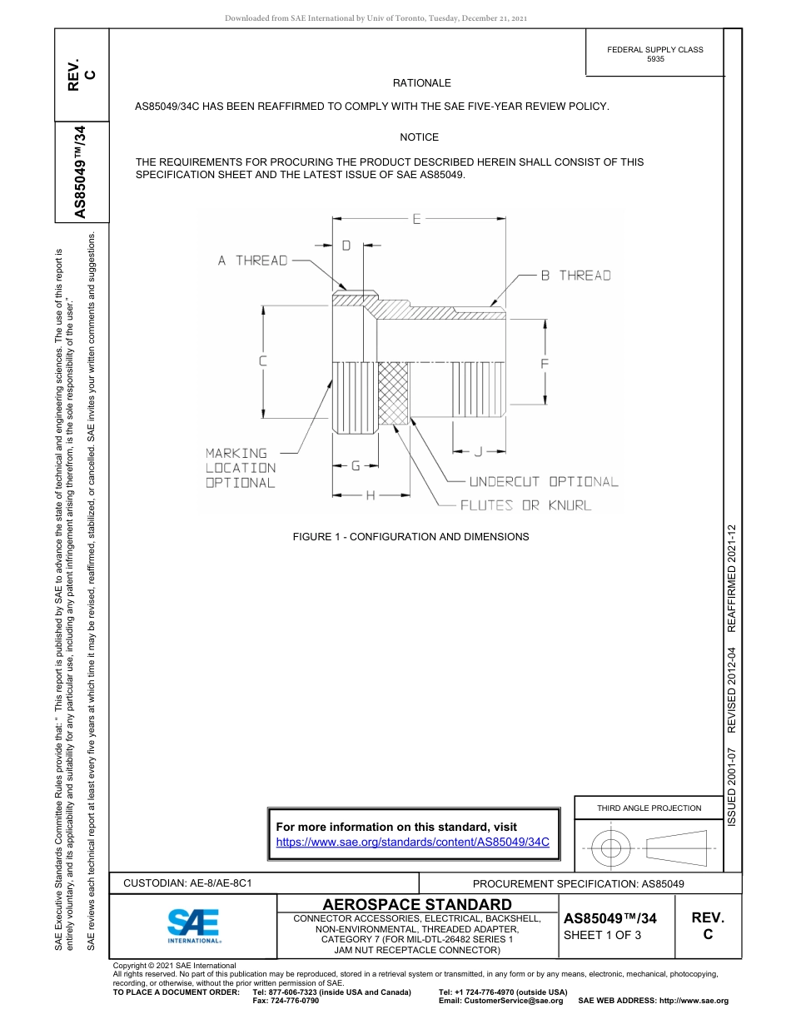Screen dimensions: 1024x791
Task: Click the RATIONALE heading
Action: point(421,83)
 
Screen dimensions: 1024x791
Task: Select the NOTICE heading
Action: point(419,137)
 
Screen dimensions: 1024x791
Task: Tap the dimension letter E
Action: point(416,219)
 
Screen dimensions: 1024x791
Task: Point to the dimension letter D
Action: point(346,245)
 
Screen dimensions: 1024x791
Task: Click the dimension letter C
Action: point(262,361)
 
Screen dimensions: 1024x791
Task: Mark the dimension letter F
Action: point(545,363)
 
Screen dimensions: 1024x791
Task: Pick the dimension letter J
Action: point(477,451)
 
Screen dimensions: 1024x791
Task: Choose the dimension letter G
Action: point(355,465)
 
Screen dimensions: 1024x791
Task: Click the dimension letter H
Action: point(371,495)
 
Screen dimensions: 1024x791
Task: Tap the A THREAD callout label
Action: point(252,261)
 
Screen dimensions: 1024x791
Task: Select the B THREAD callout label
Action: point(575,276)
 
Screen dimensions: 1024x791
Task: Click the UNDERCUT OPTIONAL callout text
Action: point(544,482)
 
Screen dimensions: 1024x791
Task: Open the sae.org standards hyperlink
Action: point(412,842)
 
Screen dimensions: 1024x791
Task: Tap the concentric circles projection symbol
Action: point(611,848)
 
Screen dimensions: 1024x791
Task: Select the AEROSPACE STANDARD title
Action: point(417,904)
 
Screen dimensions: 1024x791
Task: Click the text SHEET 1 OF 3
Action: point(603,935)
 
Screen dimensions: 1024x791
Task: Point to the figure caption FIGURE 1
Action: point(410,537)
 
